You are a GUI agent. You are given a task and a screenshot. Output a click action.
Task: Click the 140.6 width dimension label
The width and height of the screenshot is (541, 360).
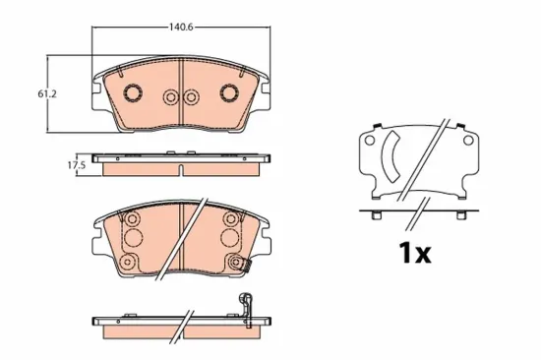click(x=181, y=27)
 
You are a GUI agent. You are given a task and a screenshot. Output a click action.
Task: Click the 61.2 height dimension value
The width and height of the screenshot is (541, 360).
click(x=47, y=93)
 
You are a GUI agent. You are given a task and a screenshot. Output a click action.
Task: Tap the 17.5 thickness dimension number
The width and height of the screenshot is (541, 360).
click(x=76, y=165)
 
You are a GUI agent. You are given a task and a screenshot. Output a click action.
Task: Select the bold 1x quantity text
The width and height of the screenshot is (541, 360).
click(x=415, y=253)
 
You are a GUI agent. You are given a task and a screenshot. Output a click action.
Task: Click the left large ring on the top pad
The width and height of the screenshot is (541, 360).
click(x=133, y=92)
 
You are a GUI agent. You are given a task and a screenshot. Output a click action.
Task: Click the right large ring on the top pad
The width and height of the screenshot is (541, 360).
click(x=229, y=92)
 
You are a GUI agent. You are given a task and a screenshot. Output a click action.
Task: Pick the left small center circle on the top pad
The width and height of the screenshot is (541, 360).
click(x=171, y=97)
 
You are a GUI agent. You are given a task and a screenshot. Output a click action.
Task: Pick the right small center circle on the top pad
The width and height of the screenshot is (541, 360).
click(x=191, y=97)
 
